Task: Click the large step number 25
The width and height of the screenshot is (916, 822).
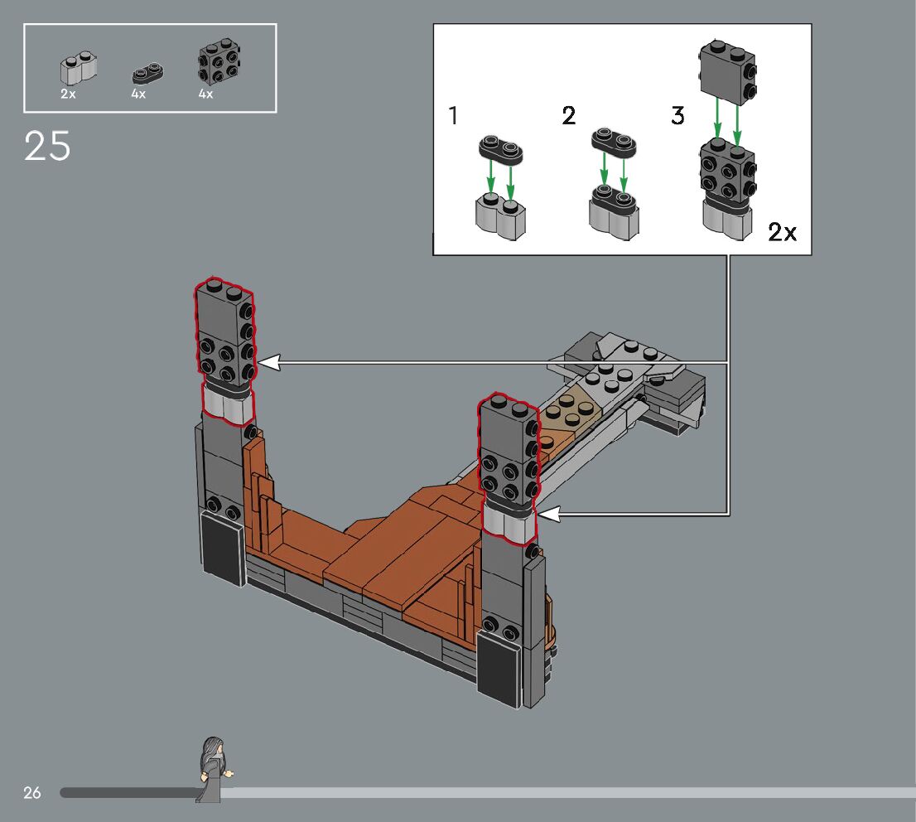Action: (47, 146)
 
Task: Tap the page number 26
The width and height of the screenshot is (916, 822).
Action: (32, 793)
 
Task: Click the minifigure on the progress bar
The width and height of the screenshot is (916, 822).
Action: (214, 770)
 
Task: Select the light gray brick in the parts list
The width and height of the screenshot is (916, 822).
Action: (79, 69)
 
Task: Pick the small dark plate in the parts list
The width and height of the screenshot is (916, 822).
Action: (147, 74)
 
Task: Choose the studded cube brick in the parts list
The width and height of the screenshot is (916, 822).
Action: (219, 62)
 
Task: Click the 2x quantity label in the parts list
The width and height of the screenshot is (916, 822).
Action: (68, 94)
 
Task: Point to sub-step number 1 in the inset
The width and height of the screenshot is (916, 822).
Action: (453, 115)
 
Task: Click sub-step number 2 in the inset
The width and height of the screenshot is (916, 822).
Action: (568, 115)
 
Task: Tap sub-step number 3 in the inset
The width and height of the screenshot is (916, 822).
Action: (677, 115)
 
